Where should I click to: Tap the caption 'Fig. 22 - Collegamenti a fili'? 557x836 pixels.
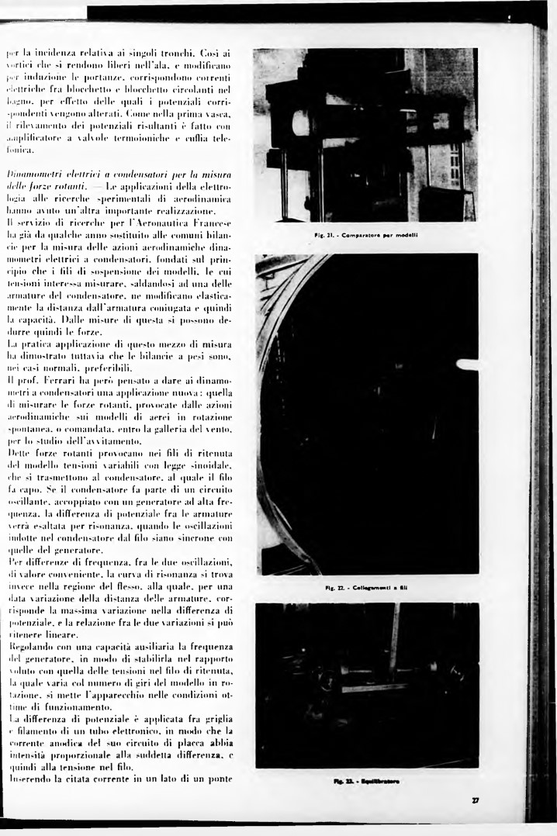tap(368, 587)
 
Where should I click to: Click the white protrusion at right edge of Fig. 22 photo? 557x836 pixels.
tap(467, 364)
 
